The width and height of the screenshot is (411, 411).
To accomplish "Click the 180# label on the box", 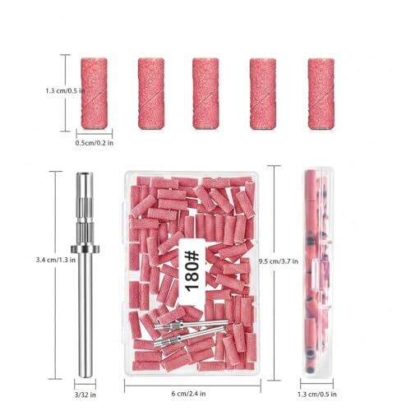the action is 192,272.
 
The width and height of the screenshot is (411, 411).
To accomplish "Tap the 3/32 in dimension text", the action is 85,395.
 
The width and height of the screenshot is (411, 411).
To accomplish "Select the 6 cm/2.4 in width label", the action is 188,394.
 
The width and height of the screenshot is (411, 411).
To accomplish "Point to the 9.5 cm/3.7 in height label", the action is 279,261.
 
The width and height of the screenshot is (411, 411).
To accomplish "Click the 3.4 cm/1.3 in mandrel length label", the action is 56,260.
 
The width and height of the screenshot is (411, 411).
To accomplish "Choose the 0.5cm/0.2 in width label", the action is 95,143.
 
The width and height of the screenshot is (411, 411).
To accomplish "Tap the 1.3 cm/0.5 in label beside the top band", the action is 65,90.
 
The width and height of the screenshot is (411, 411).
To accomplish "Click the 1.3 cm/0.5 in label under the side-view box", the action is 317,395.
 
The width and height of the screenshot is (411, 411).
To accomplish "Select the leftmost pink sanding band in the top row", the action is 94,94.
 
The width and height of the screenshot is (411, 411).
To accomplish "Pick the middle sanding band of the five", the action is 205,94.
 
